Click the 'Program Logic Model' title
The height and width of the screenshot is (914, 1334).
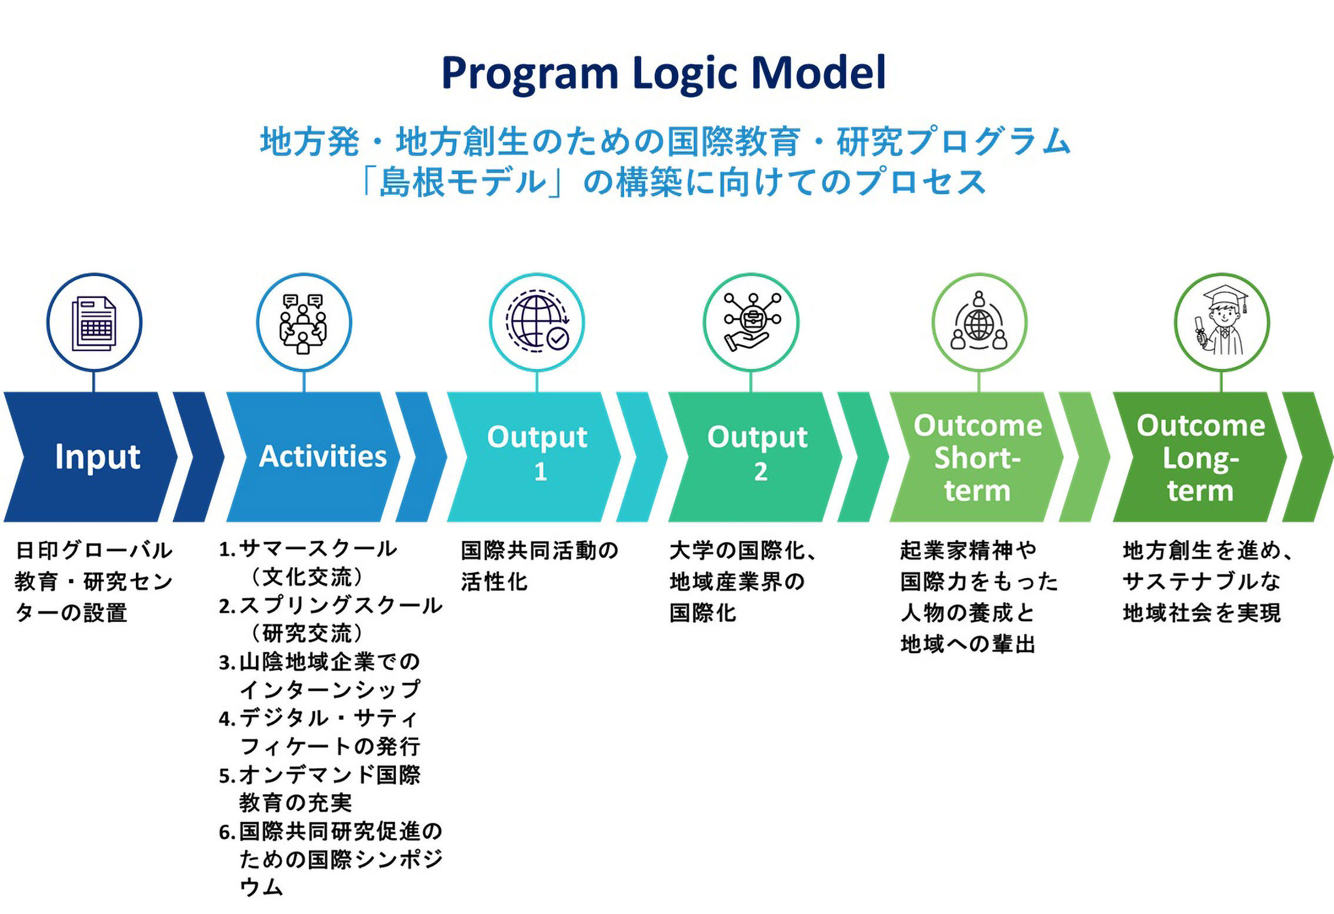[x=663, y=73]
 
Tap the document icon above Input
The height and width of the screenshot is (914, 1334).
[x=94, y=323]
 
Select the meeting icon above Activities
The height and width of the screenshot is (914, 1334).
[x=304, y=323]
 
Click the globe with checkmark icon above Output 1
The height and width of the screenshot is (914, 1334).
[x=537, y=323]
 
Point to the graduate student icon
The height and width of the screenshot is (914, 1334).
[x=1222, y=322]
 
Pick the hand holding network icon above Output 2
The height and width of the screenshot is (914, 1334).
[x=751, y=322]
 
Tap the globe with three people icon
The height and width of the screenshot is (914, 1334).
[x=979, y=322]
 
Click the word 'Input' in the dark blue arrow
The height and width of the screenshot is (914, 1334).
[x=98, y=457]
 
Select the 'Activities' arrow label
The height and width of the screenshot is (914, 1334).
[x=323, y=457]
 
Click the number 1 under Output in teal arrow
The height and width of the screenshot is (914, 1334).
[x=541, y=472]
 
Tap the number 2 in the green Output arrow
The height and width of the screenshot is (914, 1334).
[x=761, y=472]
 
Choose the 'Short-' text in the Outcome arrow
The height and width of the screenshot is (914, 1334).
[x=977, y=458]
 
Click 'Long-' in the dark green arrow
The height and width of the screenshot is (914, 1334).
[x=1200, y=458]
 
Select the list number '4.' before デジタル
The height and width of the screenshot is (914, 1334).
[x=227, y=718]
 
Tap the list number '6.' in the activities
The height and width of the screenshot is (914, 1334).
[x=227, y=832]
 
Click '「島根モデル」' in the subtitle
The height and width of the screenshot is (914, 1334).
[x=462, y=182]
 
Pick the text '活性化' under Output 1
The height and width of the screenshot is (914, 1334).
[x=494, y=582]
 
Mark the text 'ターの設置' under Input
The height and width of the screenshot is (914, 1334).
[x=71, y=613]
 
